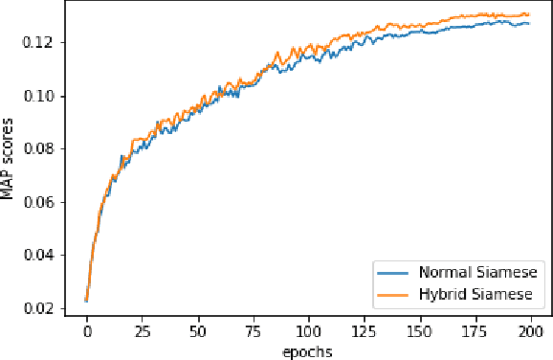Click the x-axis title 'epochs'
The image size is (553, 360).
(x=308, y=350)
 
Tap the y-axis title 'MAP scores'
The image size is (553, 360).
(x=10, y=163)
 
